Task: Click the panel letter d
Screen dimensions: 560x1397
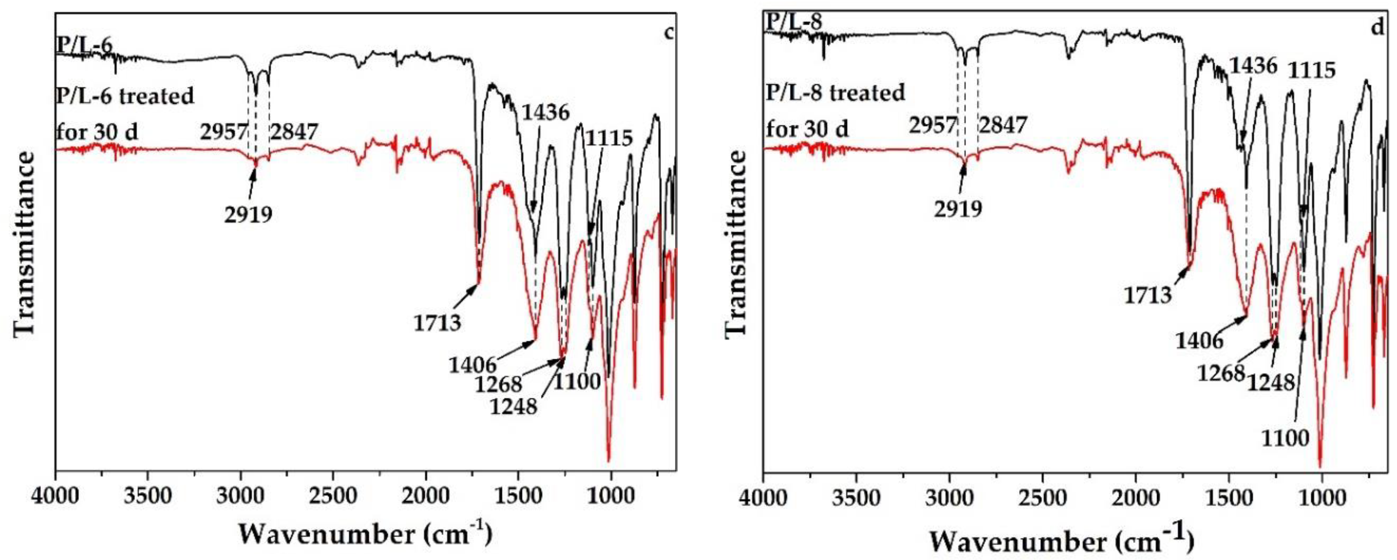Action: coord(1378,27)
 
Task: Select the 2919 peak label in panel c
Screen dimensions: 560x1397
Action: coord(248,215)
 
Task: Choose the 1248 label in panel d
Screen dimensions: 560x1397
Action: coord(1270,383)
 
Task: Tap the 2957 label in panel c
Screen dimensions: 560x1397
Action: coord(224,131)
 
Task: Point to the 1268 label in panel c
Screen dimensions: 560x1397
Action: coord(498,385)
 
